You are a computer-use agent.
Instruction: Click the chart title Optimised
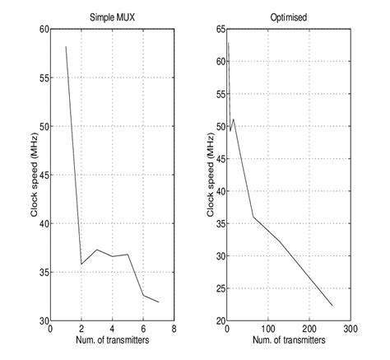tap(287, 16)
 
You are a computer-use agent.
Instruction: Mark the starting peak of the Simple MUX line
tap(65, 47)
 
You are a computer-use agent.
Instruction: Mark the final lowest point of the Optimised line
tap(332, 306)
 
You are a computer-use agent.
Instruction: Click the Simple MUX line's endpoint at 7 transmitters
tap(159, 302)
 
